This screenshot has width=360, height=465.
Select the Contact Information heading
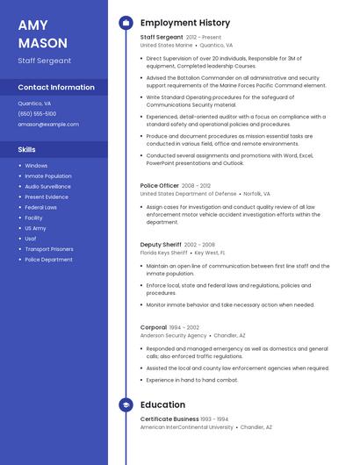point(56,87)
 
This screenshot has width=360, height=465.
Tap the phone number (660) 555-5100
point(37,114)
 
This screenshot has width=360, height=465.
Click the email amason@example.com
point(42,125)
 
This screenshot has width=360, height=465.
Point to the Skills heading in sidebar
point(26,149)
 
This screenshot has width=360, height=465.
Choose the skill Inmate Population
point(48,175)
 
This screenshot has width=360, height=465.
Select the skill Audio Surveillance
point(48,186)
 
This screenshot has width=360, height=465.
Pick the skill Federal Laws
point(40,207)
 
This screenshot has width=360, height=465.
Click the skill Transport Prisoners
point(49,249)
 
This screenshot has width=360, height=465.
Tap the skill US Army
point(35,228)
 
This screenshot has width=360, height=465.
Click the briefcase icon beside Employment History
point(126,22)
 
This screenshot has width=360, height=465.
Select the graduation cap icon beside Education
point(126,404)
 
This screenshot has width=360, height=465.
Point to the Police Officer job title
point(160,186)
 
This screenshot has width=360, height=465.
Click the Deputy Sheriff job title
point(161,245)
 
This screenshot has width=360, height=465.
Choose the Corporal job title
point(153,327)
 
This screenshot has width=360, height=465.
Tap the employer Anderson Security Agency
point(174,335)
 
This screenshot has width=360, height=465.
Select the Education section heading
point(162,404)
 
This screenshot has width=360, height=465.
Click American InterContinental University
point(187,427)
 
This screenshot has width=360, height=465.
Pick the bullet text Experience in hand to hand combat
point(192,380)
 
